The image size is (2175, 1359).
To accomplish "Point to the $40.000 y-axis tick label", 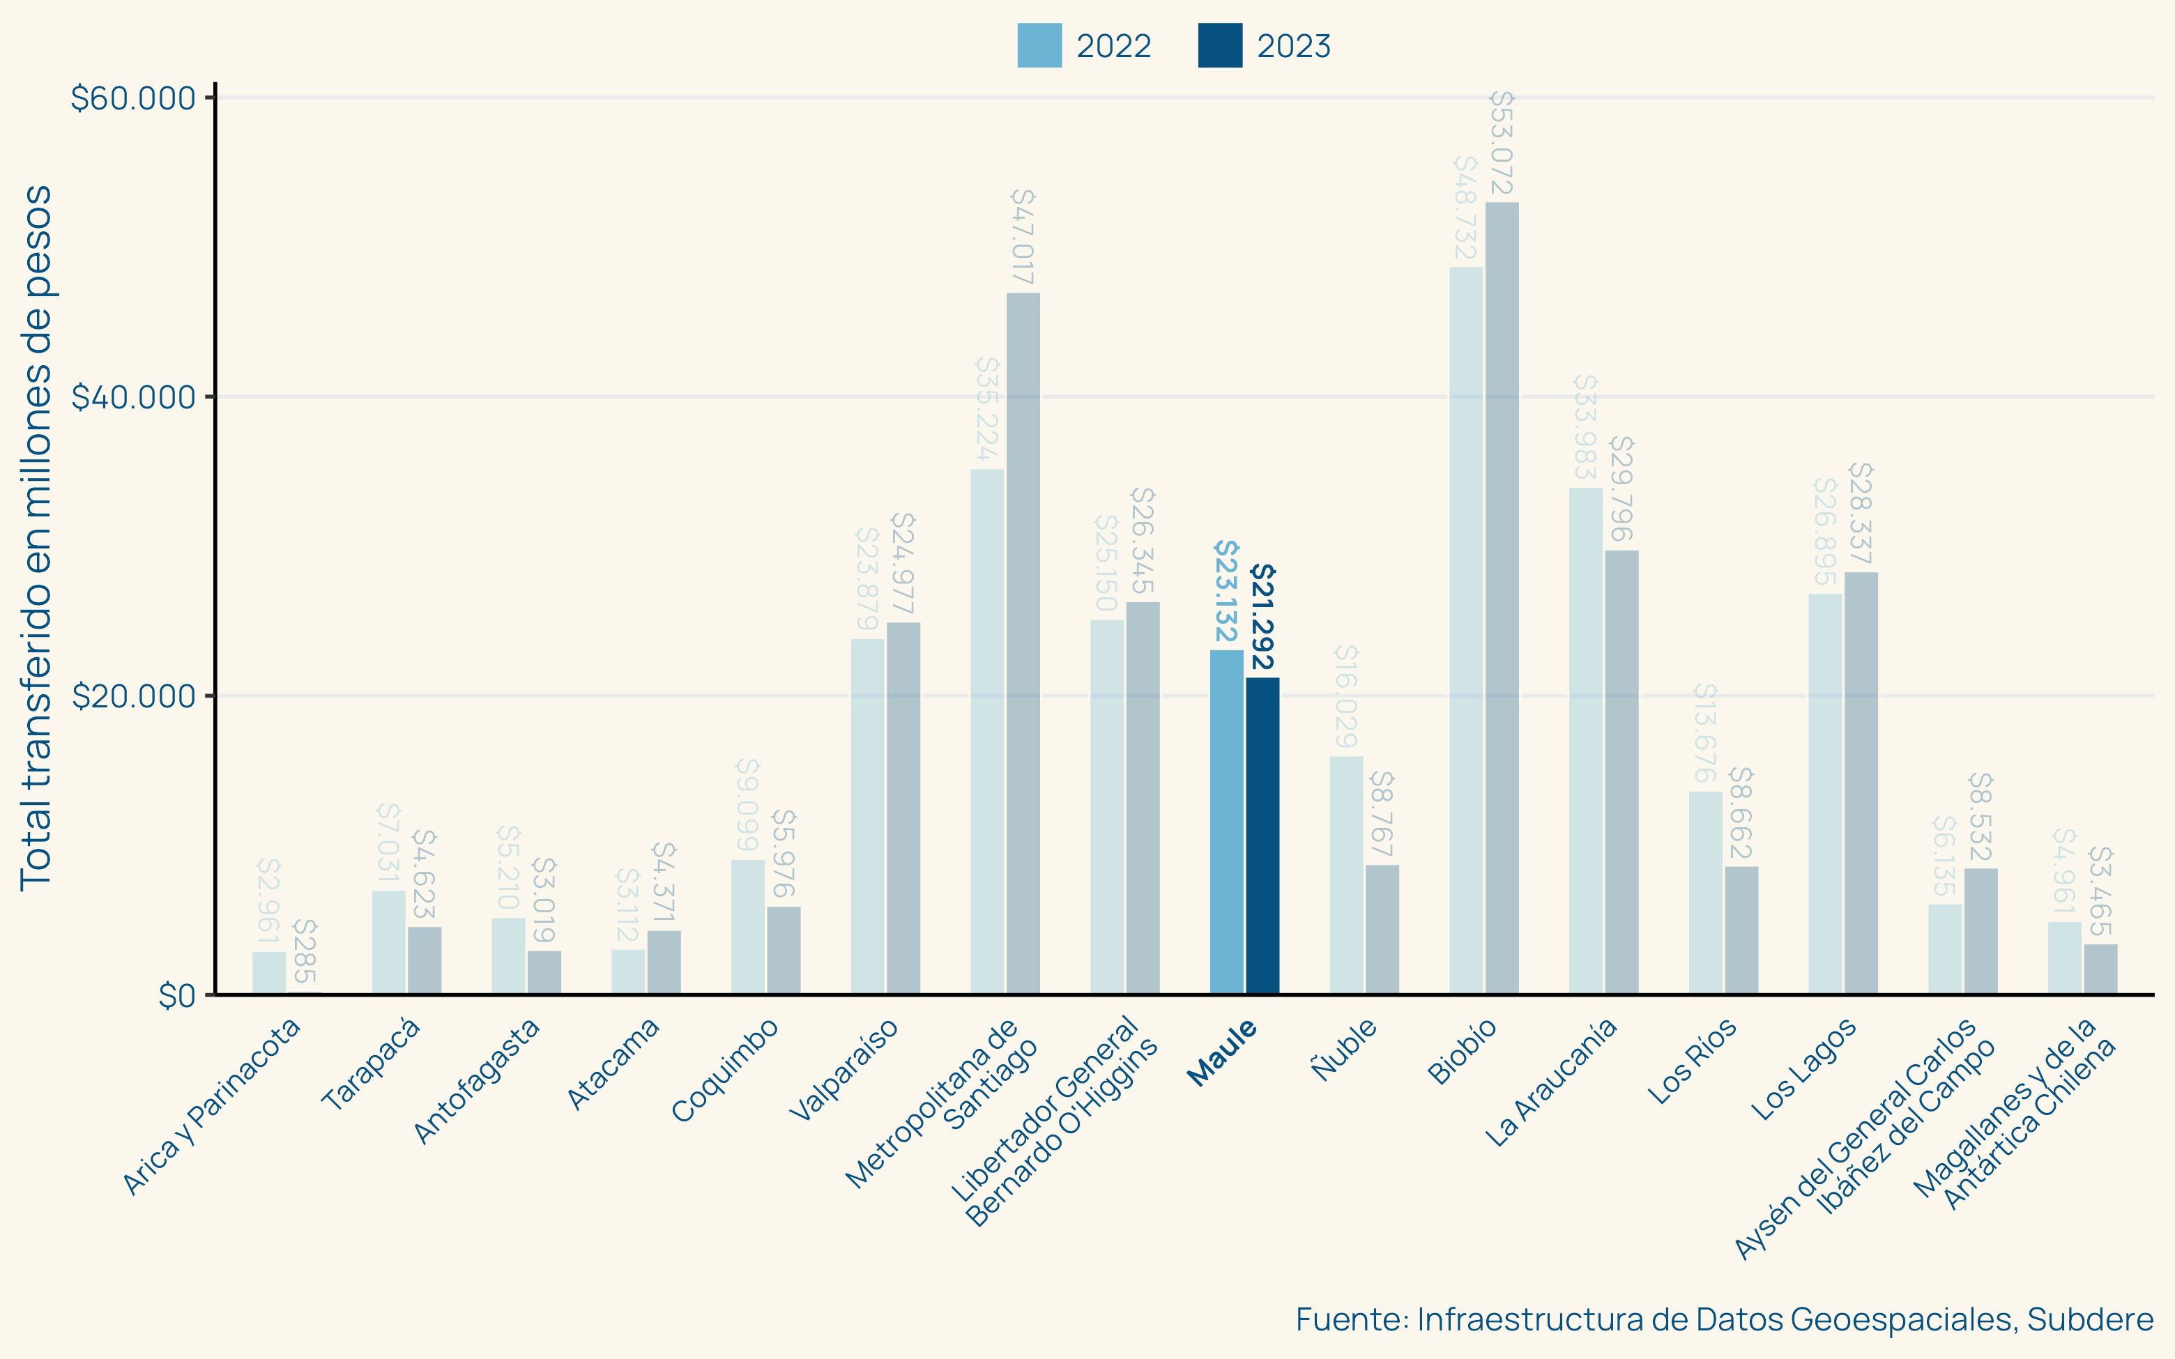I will (x=133, y=397).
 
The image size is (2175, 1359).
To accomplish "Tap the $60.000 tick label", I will (x=133, y=98).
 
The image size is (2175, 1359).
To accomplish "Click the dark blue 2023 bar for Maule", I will (x=1262, y=836).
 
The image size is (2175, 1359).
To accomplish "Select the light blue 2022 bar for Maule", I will (x=1226, y=822).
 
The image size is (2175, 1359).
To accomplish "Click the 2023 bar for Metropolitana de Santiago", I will (x=1023, y=643).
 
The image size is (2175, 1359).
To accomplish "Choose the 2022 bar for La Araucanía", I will (x=1585, y=741).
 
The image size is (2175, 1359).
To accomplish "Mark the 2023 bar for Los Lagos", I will (x=1861, y=783).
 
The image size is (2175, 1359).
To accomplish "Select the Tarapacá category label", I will (x=370, y=1064).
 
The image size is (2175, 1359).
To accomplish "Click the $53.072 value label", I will (x=1502, y=143).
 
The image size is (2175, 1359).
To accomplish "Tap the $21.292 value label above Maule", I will (x=1262, y=617).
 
